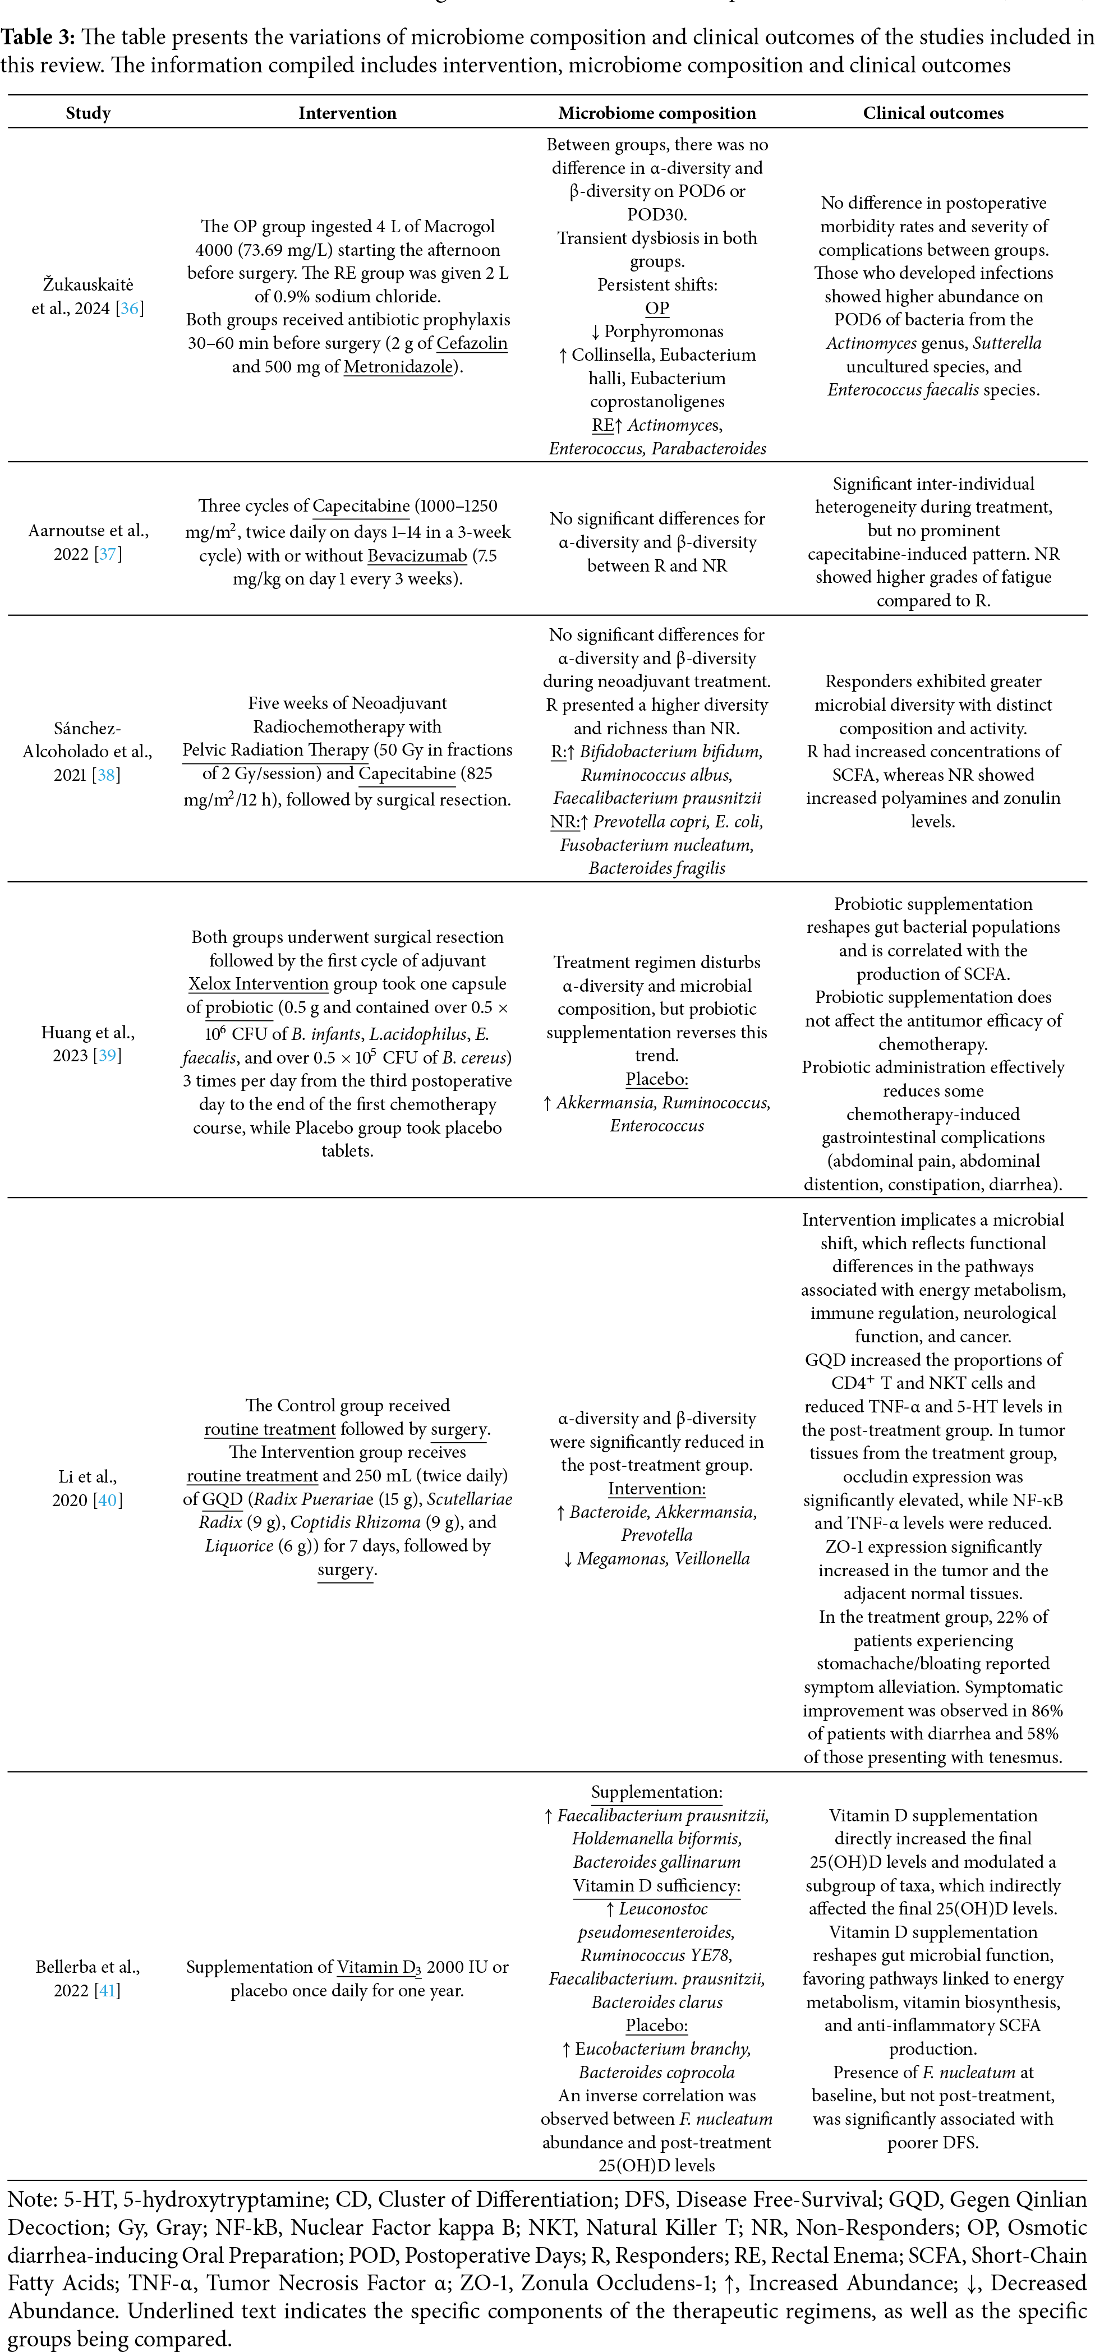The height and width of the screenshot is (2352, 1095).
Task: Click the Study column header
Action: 88,113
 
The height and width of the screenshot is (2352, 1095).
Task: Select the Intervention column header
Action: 347,113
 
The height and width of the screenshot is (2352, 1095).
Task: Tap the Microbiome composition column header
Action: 657,113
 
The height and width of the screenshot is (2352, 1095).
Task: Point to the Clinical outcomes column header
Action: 932,113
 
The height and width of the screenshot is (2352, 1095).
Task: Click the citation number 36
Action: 131,309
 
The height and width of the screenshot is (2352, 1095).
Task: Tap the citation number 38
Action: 107,775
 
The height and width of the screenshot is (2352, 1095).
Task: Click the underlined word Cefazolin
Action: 471,343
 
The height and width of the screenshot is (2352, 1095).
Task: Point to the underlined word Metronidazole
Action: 398,367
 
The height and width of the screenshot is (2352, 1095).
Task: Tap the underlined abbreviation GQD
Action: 223,1499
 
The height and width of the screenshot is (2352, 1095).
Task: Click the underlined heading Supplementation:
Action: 657,1792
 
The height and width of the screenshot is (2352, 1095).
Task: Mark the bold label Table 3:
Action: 38,38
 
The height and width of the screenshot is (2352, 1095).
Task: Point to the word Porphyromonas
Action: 664,332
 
